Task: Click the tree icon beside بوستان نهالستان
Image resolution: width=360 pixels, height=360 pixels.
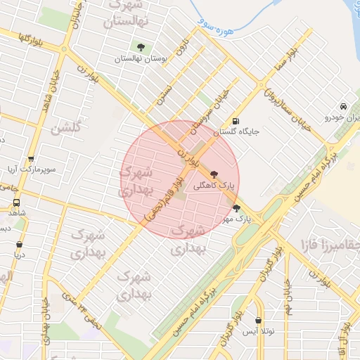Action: pos(141,47)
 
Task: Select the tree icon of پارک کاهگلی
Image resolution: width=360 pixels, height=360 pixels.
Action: pos(214,174)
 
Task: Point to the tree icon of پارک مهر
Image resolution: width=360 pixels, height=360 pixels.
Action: pos(236,208)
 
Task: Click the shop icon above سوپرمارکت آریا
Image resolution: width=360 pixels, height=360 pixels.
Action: pos(32,160)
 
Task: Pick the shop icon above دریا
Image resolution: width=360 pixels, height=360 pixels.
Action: pos(19,245)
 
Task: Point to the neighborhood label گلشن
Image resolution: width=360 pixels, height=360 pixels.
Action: pos(65,128)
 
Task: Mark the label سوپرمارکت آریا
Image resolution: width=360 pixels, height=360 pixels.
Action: pos(30,170)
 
